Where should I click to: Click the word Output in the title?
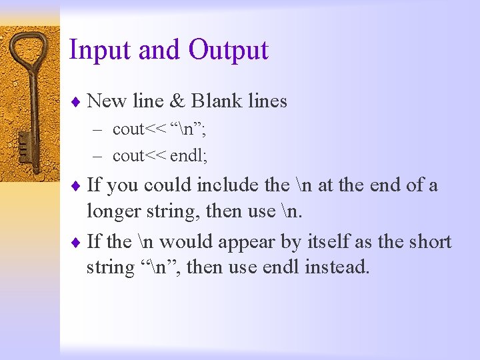(x=228, y=51)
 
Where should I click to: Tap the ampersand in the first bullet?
(x=177, y=101)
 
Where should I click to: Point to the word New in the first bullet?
(x=107, y=101)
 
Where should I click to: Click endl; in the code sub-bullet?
(x=189, y=156)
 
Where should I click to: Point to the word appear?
(x=248, y=241)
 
